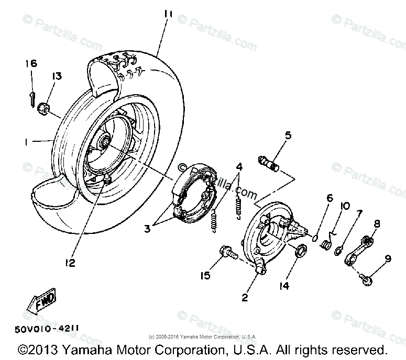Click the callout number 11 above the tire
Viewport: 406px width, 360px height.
pos(168,14)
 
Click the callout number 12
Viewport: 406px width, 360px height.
pos(70,262)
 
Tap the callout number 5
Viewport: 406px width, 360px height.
pos(288,136)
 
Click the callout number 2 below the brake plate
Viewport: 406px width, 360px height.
pos(244,298)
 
